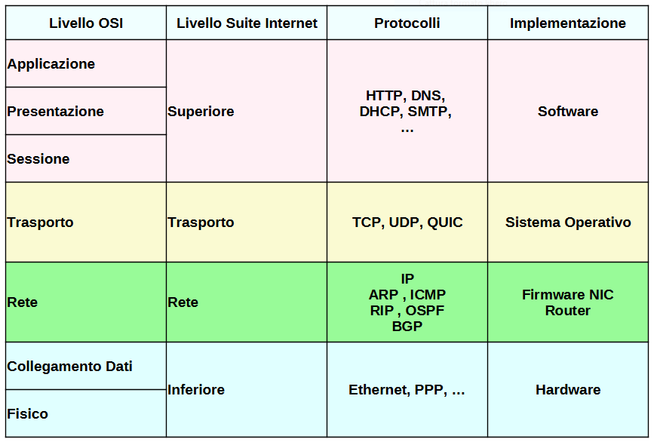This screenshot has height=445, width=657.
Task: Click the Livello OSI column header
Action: click(86, 23)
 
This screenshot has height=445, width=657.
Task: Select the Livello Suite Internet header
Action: click(247, 23)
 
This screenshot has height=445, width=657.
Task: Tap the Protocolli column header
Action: click(407, 23)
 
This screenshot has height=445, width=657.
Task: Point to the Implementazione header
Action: click(567, 23)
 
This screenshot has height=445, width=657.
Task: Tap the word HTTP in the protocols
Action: click(385, 96)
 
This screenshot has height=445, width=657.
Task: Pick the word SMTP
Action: click(428, 112)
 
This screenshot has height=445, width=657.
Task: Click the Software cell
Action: click(567, 112)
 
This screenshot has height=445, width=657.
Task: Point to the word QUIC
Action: click(445, 222)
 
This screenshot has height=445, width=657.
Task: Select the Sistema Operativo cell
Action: click(567, 222)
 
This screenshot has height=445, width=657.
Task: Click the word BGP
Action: click(407, 327)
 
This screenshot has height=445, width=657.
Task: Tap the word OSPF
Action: click(425, 311)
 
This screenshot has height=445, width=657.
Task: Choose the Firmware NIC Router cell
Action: click(567, 302)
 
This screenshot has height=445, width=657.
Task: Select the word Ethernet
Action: click(379, 390)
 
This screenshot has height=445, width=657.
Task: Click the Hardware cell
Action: click(567, 390)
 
